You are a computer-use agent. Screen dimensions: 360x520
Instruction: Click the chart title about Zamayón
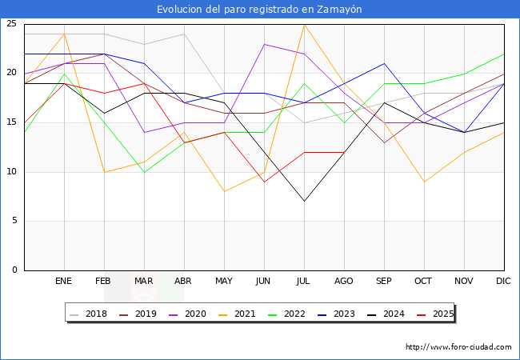pyautogui.click(x=259, y=9)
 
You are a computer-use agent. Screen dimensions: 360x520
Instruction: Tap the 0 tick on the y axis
pyautogui.click(x=14, y=270)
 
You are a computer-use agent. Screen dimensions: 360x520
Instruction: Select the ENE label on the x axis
pyautogui.click(x=64, y=282)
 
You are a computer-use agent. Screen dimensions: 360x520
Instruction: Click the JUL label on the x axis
pyautogui.click(x=304, y=282)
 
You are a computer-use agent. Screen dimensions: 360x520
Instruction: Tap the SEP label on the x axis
pyautogui.click(x=384, y=282)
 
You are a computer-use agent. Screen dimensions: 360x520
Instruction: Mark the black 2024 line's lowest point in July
pyautogui.click(x=304, y=201)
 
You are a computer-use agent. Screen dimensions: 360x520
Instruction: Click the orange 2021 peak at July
pyautogui.click(x=304, y=24)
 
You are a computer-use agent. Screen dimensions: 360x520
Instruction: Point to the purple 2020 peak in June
pyautogui.click(x=264, y=44)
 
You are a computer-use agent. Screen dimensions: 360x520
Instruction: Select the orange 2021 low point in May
pyautogui.click(x=224, y=191)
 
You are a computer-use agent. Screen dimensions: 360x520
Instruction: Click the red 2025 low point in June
pyautogui.click(x=264, y=182)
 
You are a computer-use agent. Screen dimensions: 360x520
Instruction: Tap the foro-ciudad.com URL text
pyautogui.click(x=458, y=347)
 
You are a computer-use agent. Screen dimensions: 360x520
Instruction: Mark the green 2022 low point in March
pyautogui.click(x=144, y=172)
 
